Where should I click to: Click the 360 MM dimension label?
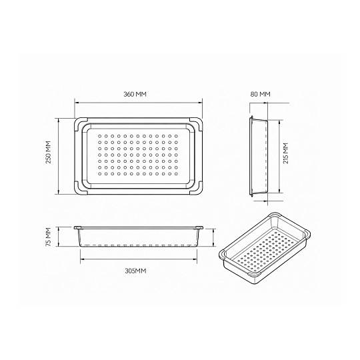[135, 94]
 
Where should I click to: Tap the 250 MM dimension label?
[49, 152]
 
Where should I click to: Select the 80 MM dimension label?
[261, 94]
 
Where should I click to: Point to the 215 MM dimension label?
[285, 153]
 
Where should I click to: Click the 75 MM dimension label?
[49, 237]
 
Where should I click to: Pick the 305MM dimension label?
[135, 271]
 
